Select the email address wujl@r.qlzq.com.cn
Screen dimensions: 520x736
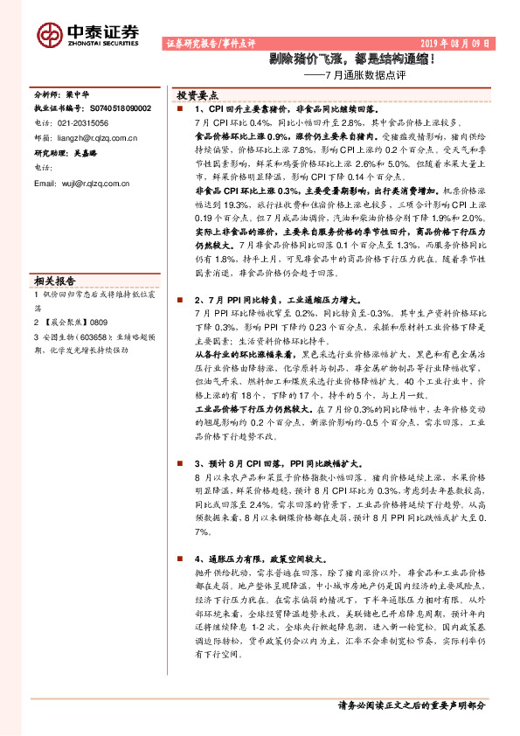94,183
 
